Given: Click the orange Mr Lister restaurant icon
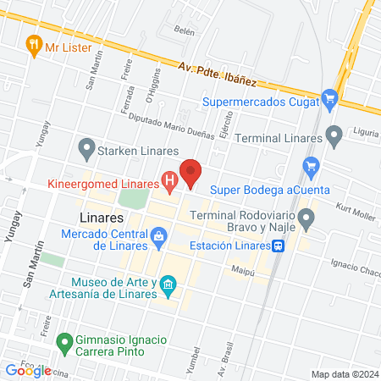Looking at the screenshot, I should coord(34,46).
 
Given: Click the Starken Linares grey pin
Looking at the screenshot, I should coord(86,150).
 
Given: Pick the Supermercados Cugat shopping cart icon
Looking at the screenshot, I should coord(330,102).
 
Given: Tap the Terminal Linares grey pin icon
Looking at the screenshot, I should coord(334,135).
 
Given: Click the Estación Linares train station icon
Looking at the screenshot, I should coord(277,246).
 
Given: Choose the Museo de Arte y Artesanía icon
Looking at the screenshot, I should coord(168,285).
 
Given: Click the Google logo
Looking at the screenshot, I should coord(29,370).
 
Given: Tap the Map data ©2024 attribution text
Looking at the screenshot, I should coord(343,374).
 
